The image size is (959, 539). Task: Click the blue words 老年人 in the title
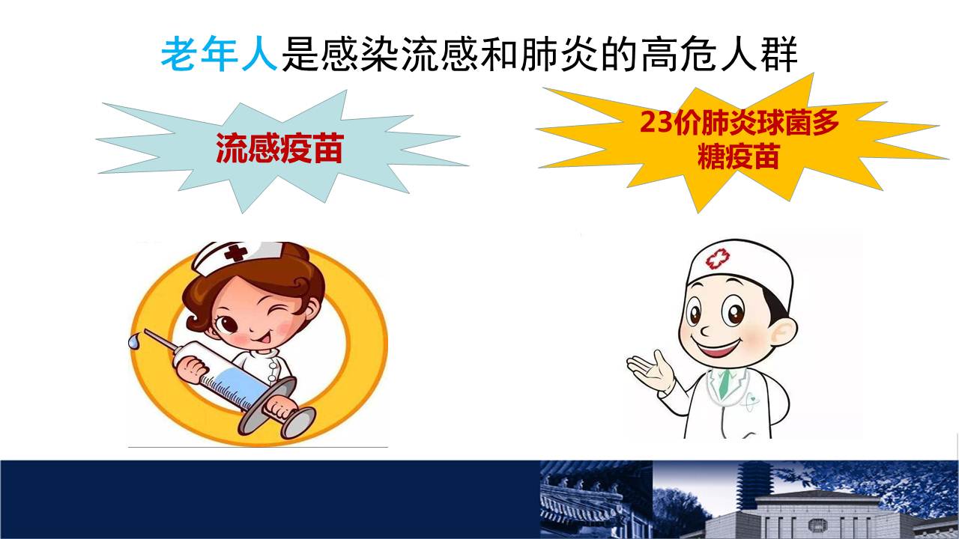click(x=219, y=55)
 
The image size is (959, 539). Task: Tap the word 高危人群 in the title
click(x=720, y=55)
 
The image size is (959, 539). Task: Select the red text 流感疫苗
click(x=279, y=148)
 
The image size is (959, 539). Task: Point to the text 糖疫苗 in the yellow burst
click(x=738, y=156)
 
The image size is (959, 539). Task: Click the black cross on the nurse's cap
click(x=235, y=252)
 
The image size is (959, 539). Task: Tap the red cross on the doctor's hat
click(x=718, y=259)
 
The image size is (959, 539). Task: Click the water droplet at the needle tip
click(x=134, y=341)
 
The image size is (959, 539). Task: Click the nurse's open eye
click(x=227, y=323)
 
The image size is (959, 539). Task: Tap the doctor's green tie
click(x=724, y=382)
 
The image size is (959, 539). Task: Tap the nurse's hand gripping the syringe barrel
click(x=194, y=370)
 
